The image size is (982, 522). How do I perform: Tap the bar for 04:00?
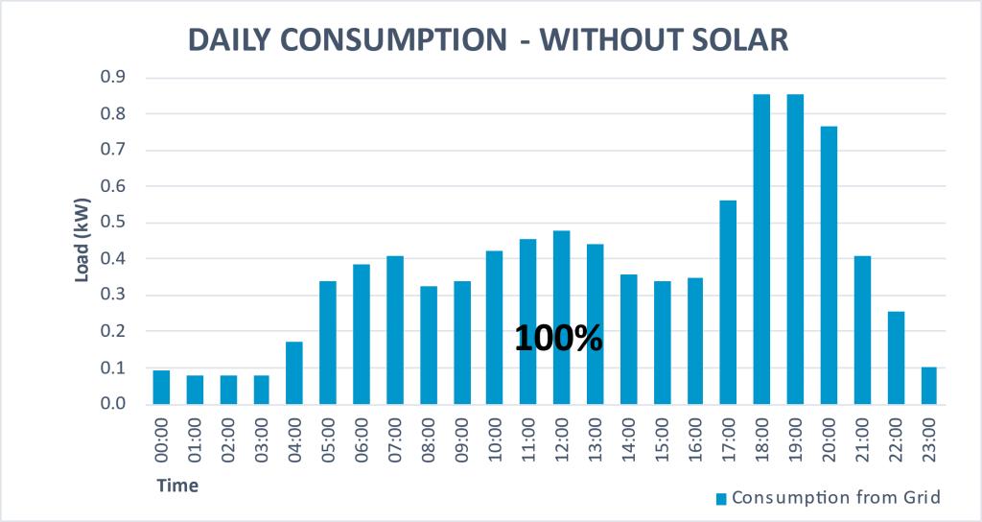[x=295, y=373]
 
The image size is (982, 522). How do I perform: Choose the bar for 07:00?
[x=395, y=330]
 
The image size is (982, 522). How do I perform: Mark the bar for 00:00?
[x=161, y=388]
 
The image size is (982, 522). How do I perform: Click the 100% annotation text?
[x=559, y=338]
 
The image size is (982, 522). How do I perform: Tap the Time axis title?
[x=177, y=486]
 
